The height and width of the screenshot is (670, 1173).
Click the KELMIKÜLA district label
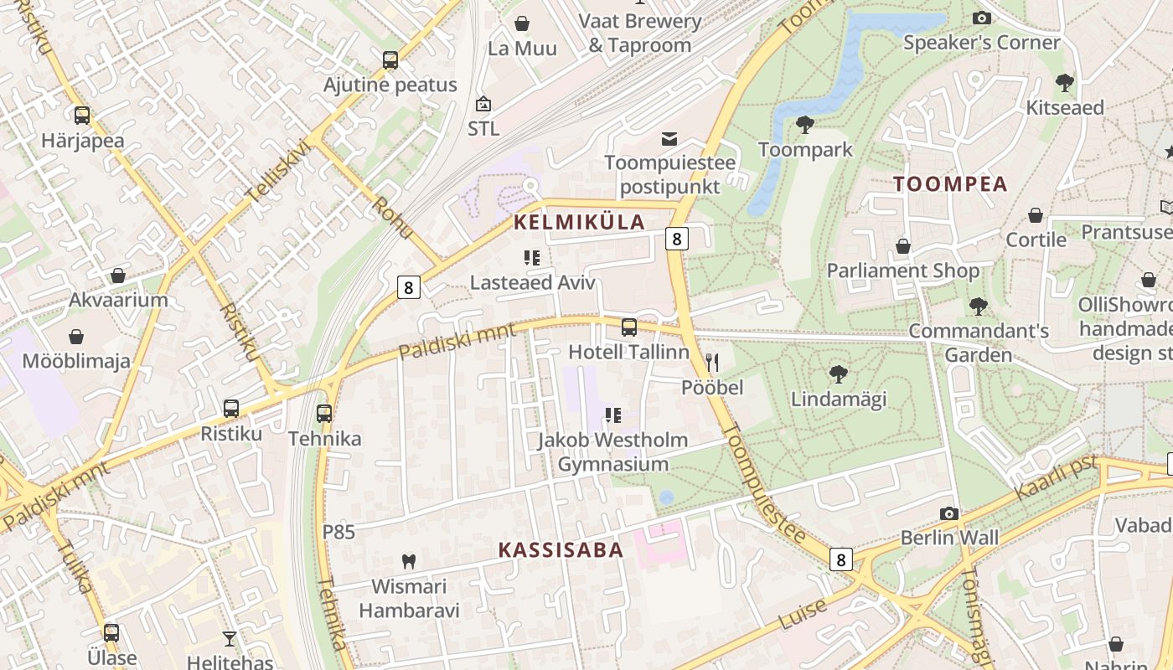(x=579, y=222)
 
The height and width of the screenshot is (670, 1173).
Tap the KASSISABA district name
(x=561, y=549)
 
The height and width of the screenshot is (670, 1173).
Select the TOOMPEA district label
(x=950, y=184)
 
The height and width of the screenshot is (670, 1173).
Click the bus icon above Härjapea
(x=81, y=116)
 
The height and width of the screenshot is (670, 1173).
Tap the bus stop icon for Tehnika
(x=324, y=413)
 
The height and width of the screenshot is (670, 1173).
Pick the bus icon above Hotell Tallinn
(x=629, y=327)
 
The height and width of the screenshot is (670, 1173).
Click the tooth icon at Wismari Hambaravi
(x=409, y=561)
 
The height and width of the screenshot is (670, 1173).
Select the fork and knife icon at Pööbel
(x=712, y=362)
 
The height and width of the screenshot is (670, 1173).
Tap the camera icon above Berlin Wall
(x=948, y=513)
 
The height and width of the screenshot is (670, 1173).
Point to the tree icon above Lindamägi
(x=838, y=374)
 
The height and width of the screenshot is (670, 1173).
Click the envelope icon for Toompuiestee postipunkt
(x=669, y=138)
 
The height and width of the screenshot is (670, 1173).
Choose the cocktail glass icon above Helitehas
(x=230, y=638)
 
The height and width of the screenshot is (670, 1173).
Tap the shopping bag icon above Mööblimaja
(x=76, y=337)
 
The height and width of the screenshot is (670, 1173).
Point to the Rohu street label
(x=391, y=218)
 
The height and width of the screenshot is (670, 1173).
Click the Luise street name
(x=803, y=615)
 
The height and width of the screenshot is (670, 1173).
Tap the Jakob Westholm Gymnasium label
(x=612, y=451)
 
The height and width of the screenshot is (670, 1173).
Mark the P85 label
(x=338, y=532)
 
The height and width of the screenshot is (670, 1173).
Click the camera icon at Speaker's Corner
(x=981, y=18)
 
